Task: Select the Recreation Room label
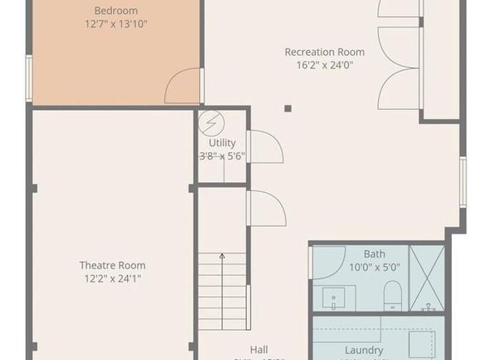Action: click(324, 53)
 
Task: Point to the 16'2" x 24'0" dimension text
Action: click(324, 66)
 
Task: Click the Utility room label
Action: click(222, 142)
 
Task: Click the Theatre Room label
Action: click(112, 265)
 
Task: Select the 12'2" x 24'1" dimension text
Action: click(112, 279)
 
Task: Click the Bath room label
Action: click(374, 254)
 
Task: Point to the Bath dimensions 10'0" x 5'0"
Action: click(374, 267)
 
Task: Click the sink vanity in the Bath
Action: click(334, 298)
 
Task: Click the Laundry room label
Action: click(364, 350)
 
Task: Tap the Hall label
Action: click(259, 349)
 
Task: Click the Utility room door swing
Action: click(264, 146)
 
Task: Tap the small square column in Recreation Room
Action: click(287, 107)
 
